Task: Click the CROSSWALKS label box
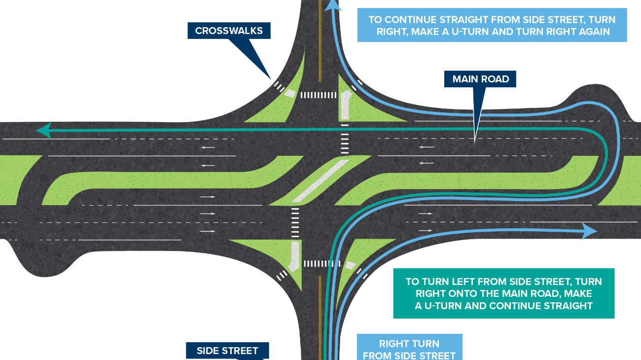point(229,31)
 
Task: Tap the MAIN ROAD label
point(480,79)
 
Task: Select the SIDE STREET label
point(227,351)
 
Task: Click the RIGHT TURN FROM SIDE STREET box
point(409,349)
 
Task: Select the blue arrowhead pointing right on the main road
point(590,230)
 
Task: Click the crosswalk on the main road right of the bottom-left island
point(295,222)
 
